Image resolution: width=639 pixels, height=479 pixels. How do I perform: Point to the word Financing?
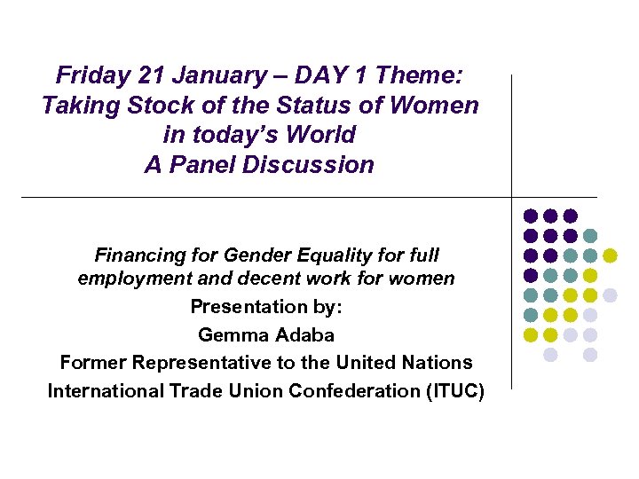(136, 256)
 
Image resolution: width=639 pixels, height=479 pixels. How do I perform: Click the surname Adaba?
(304, 335)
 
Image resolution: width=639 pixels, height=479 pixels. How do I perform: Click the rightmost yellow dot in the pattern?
(610, 255)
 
